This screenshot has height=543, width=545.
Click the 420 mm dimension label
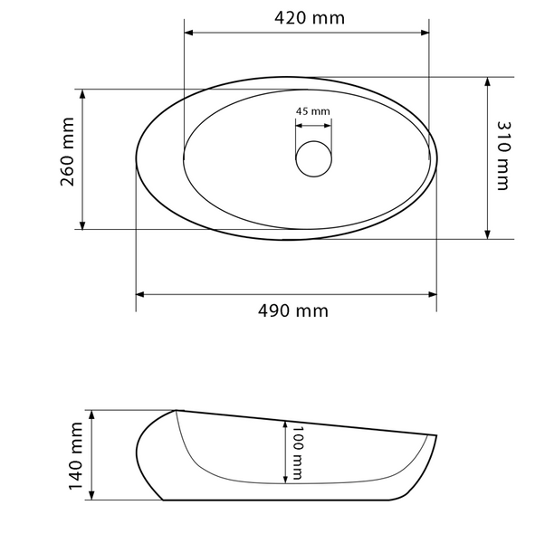(x=310, y=18)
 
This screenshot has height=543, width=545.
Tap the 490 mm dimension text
(x=293, y=310)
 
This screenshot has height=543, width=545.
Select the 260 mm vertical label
(x=67, y=152)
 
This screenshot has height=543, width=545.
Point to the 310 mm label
(x=503, y=156)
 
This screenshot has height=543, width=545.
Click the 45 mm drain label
(x=313, y=111)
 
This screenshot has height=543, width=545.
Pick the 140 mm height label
(x=76, y=456)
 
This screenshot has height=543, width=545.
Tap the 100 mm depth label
(x=296, y=452)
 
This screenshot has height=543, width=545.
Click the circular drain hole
(x=314, y=158)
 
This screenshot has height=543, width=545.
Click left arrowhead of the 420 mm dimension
(x=188, y=33)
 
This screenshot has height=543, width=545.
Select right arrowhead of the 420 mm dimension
(x=425, y=33)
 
